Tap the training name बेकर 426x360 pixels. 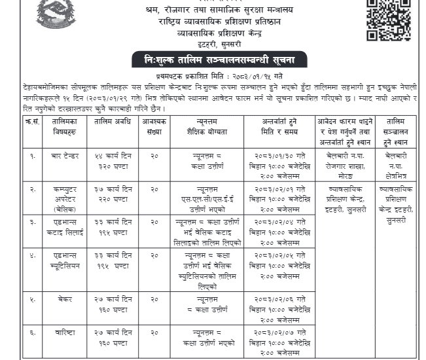[65, 298]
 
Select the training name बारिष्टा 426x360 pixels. [65, 333]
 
